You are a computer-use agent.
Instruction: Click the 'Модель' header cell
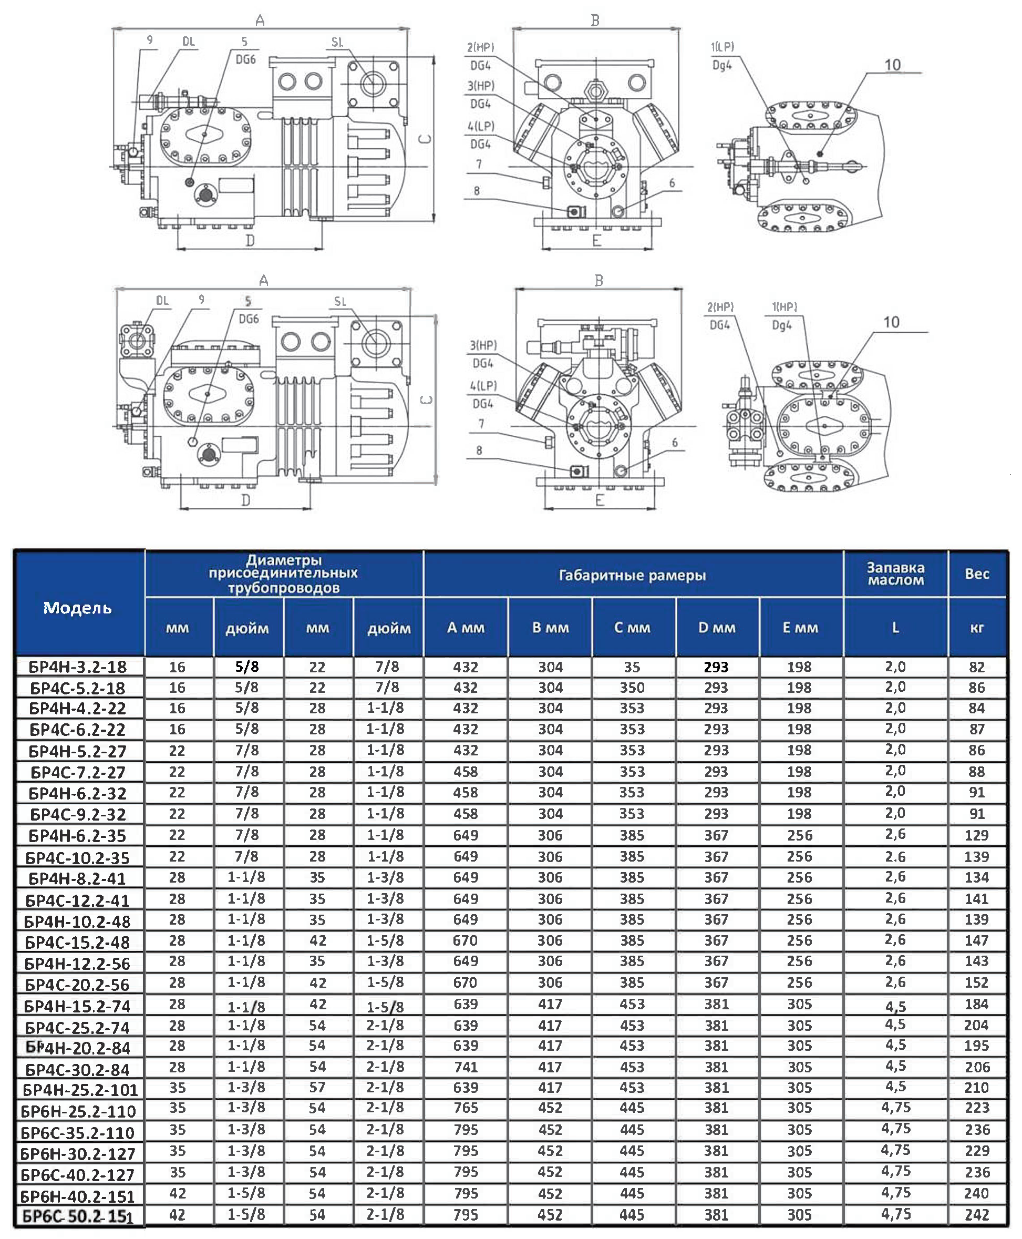78,608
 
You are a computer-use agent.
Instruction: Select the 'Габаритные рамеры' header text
632,575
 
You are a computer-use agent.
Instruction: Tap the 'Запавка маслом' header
895,574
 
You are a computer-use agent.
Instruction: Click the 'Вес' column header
977,574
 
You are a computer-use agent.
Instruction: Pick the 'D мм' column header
717,628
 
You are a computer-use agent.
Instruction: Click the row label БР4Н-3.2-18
78,667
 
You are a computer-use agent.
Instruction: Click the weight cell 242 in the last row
977,1215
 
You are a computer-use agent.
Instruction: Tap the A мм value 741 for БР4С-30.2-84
466,1067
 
